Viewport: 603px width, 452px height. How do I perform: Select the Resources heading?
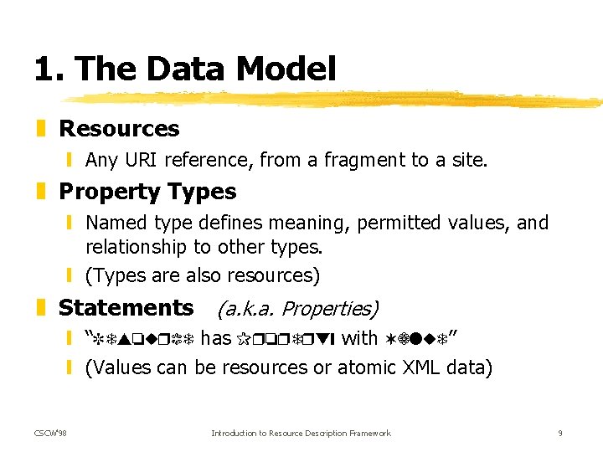(x=119, y=129)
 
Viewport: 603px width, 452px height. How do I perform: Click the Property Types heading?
(x=147, y=192)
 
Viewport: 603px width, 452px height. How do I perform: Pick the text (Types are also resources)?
(x=203, y=275)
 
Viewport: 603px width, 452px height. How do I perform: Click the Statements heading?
(x=126, y=308)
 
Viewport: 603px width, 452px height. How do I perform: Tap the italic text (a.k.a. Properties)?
(x=297, y=309)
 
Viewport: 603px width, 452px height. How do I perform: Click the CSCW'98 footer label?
(x=51, y=433)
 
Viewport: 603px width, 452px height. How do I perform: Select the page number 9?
(x=559, y=433)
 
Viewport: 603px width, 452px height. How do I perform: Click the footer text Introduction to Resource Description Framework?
(x=301, y=433)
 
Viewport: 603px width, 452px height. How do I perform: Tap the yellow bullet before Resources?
(x=41, y=129)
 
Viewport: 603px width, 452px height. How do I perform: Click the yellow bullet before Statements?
(x=41, y=308)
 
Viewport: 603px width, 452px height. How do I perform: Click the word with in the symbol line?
(x=360, y=337)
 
